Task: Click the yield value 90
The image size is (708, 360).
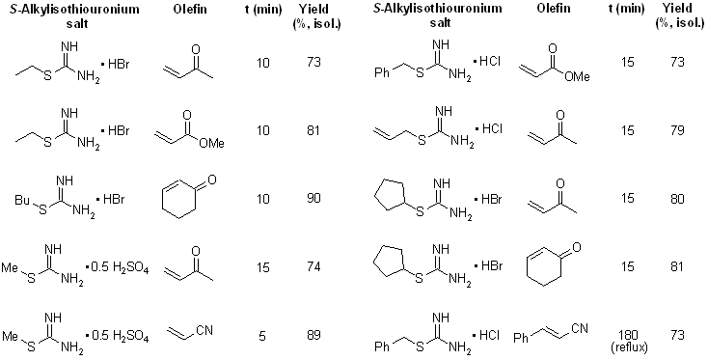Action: [314, 199]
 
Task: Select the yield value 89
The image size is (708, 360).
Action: [314, 335]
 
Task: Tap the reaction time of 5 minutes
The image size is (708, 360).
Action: [262, 336]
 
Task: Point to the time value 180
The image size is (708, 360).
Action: [630, 335]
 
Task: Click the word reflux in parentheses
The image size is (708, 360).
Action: [630, 346]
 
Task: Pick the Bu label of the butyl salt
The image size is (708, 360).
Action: [21, 199]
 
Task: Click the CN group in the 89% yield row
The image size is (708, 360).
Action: [204, 330]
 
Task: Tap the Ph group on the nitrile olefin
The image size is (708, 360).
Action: [521, 338]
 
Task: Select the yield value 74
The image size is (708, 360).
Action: [314, 267]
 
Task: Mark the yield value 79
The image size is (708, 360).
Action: [677, 130]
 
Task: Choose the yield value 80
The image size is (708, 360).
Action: [677, 199]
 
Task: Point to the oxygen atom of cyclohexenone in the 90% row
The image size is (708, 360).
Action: [211, 180]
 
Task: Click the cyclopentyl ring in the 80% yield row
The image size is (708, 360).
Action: [391, 199]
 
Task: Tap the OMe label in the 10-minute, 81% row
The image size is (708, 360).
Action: [211, 144]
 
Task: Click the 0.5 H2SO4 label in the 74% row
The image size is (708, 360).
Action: [120, 268]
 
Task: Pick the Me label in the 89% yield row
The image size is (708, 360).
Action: [10, 336]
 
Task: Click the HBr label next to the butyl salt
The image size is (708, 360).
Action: [114, 199]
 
